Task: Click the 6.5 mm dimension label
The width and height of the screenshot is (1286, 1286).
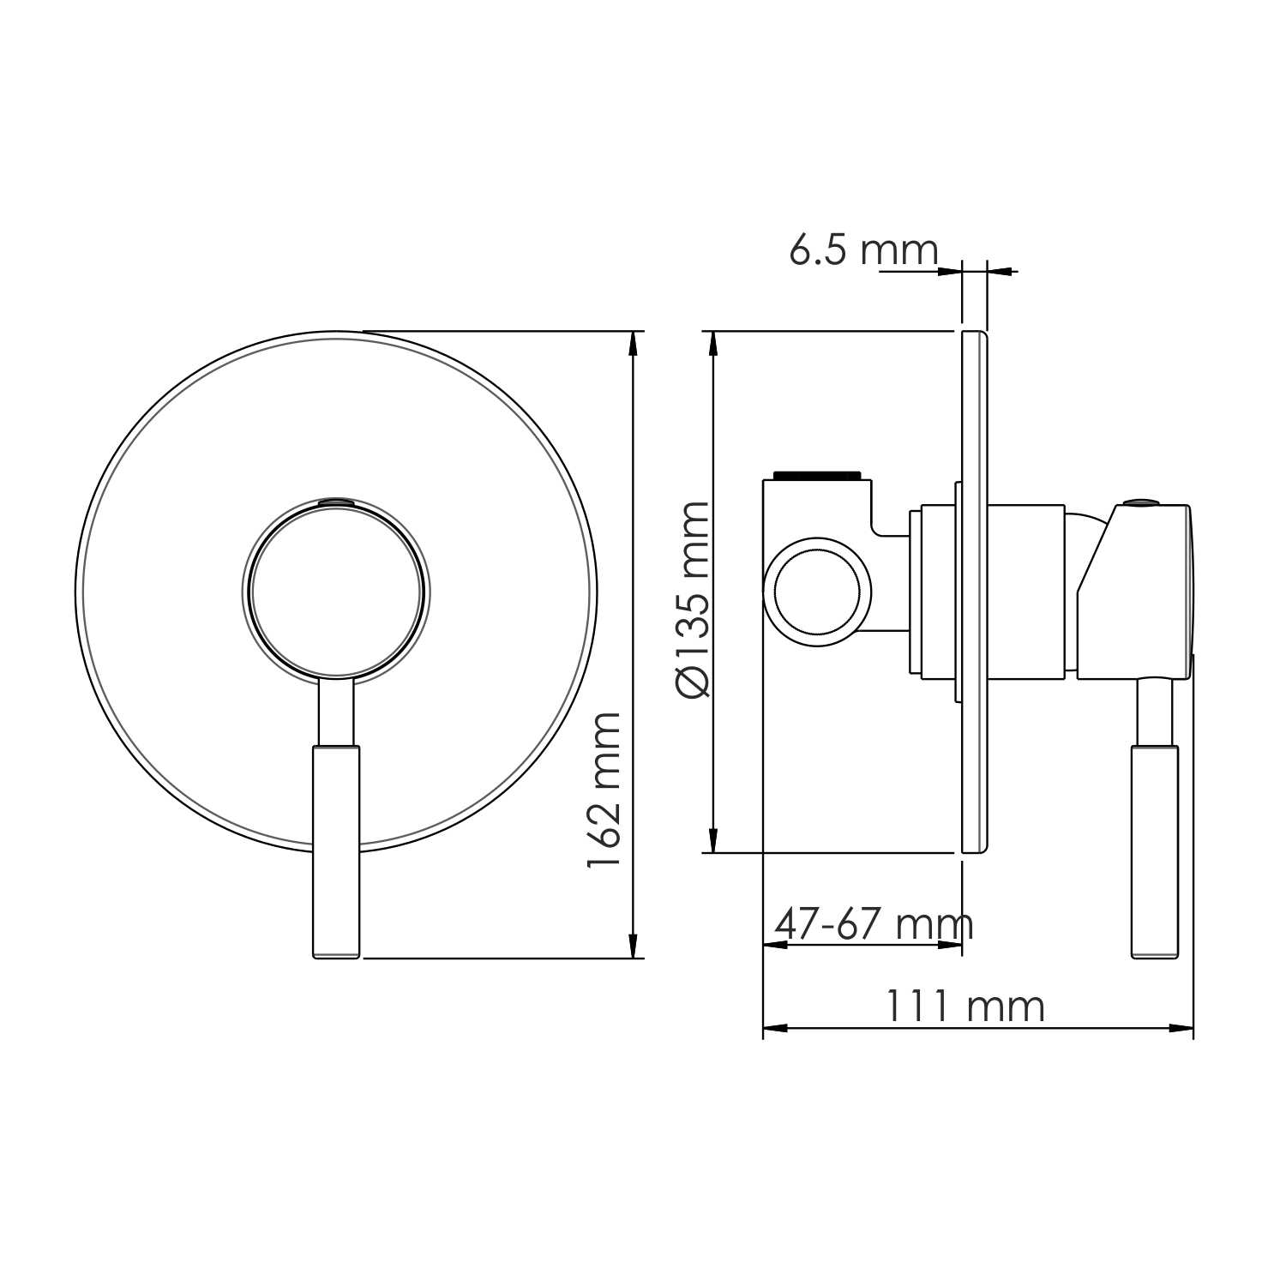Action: coord(862,250)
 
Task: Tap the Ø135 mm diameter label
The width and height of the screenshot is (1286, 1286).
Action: coord(693,600)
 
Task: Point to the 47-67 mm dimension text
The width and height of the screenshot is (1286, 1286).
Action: coord(873,924)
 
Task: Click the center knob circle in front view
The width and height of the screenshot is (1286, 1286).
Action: coord(336,592)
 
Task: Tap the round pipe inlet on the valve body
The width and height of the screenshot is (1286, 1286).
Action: coord(816,592)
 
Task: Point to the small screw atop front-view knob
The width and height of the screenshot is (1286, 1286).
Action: coord(336,500)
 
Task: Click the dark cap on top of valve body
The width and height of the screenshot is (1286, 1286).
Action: coord(816,474)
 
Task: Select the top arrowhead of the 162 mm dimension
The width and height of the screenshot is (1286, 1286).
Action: coord(634,342)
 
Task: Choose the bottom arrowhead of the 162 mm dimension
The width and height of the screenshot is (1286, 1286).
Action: coord(634,946)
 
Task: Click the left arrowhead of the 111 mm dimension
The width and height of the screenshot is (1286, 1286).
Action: coord(774,1027)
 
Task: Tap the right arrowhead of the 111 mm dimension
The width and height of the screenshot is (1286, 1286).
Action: coord(1182,1027)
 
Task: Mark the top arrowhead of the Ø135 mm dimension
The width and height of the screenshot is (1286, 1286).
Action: coord(712,342)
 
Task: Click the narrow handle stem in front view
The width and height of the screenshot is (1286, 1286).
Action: coord(336,712)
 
